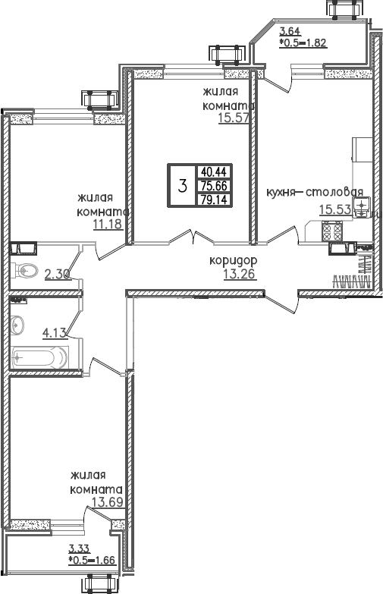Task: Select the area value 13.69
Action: click(107, 501)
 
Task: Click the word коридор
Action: click(234, 260)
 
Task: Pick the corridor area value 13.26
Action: click(238, 273)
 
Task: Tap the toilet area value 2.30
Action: click(58, 275)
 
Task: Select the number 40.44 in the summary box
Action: click(215, 171)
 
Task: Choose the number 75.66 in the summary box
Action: click(215, 186)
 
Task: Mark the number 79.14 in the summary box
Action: click(215, 200)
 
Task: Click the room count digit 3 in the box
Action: click(182, 186)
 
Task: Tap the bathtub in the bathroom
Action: click(42, 356)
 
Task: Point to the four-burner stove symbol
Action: click(332, 230)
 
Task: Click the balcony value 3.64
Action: click(289, 31)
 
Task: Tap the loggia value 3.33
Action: click(77, 549)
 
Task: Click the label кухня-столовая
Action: click(315, 192)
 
